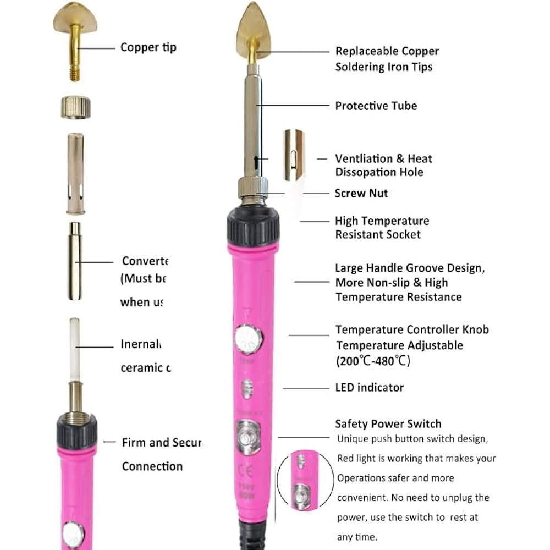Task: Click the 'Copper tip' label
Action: coord(148,47)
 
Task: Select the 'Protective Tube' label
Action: coord(376,106)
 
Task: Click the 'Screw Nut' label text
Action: coord(361,193)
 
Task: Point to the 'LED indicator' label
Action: coord(370,387)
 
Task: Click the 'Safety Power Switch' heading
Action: coord(388,424)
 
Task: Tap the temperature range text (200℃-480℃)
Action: coord(373,361)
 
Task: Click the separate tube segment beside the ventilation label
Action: coord(294,155)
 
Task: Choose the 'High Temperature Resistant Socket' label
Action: coord(382,228)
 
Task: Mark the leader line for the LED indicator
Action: coord(305,388)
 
